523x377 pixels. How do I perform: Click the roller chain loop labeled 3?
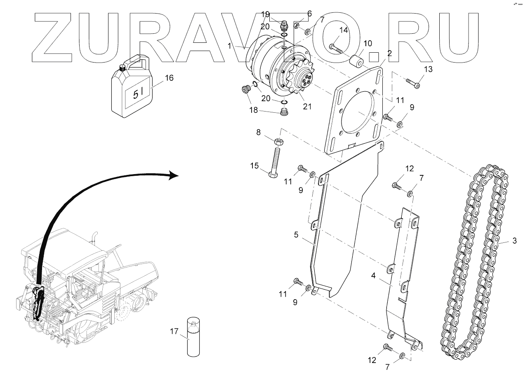point(474,263)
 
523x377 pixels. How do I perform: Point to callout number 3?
point(514,241)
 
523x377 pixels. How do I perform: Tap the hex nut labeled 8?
point(279,142)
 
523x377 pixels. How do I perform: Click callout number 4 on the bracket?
point(373,275)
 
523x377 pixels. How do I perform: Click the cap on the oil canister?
point(123,68)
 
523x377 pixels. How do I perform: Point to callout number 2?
point(389,53)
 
